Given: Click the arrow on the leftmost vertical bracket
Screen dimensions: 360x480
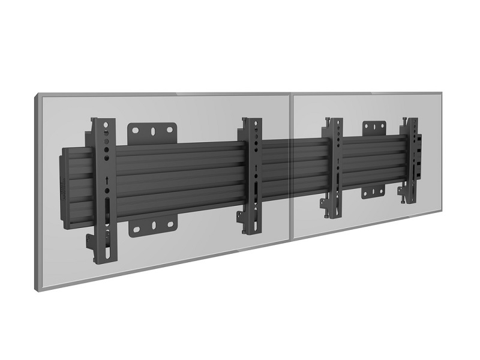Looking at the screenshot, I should click(x=106, y=181).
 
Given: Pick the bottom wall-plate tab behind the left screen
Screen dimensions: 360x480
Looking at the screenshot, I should click(x=154, y=225).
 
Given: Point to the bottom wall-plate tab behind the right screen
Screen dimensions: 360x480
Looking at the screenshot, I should click(x=373, y=192).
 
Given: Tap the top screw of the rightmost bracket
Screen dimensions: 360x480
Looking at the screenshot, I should click(x=409, y=119).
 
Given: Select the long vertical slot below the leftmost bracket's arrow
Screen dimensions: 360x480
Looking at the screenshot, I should click(x=107, y=211).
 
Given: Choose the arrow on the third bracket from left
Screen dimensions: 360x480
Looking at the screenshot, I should click(x=338, y=163).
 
